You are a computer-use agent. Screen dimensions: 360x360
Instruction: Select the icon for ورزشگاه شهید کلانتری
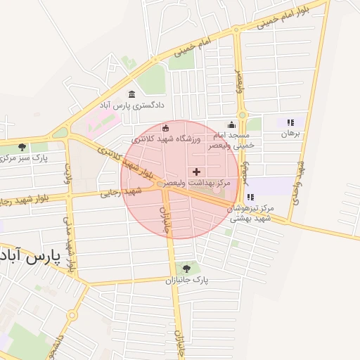pos(165,128)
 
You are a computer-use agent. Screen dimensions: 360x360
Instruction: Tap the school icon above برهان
pos(290,122)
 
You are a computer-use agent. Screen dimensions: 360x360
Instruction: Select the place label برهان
pos(290,133)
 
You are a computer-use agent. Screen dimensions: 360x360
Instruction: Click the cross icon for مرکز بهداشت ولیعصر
pos(196,172)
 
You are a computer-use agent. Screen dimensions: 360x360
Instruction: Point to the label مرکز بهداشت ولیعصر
pos(196,183)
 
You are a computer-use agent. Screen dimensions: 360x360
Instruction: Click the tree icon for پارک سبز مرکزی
pos(23,148)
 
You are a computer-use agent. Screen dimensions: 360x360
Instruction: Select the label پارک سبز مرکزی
pos(24,158)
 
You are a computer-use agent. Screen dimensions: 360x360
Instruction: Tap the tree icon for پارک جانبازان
pos(186,269)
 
